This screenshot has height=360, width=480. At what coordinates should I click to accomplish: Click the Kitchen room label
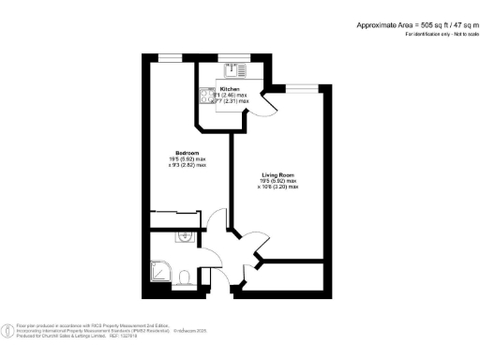[x=229, y=88]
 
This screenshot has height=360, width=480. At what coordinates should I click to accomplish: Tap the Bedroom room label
[x=188, y=154]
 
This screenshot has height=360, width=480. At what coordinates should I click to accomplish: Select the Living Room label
[x=277, y=173]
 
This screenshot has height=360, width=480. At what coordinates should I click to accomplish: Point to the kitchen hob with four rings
[x=203, y=97]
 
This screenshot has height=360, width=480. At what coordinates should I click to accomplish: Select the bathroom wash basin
[x=186, y=235]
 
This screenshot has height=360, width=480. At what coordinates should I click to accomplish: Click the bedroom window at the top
[x=170, y=57]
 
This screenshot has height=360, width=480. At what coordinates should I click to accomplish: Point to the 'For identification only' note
[x=436, y=34]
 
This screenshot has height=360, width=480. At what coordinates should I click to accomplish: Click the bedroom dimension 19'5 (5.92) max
[x=188, y=160]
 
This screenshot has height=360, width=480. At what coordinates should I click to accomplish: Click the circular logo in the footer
[x=8, y=328]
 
